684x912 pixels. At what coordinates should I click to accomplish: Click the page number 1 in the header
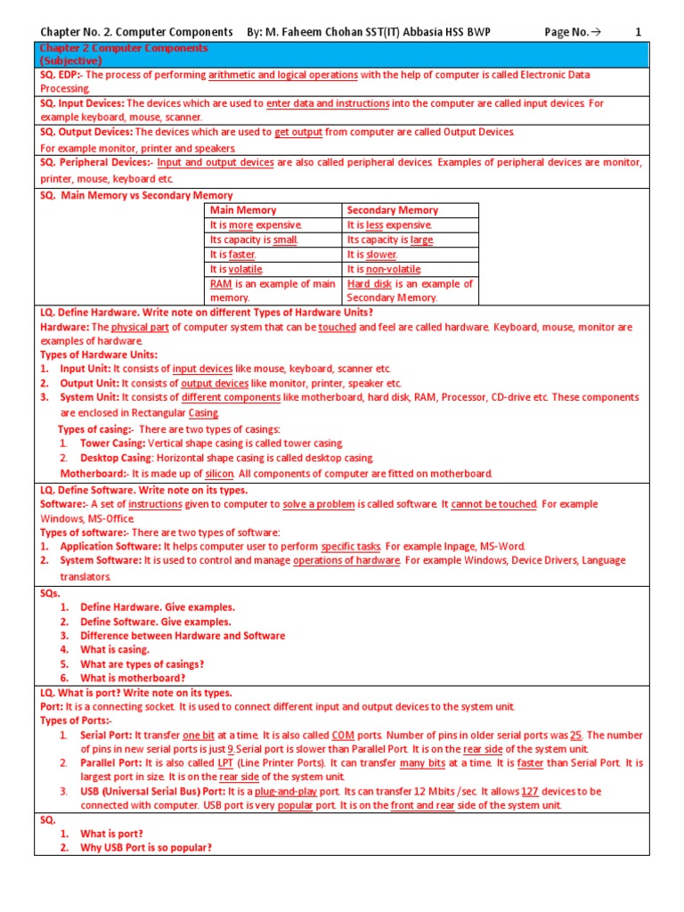pos(638,32)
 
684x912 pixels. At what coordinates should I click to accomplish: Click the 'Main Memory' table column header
pos(243,210)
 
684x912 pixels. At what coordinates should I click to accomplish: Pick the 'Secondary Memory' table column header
pos(392,210)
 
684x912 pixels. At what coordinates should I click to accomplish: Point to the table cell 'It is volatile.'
pos(236,269)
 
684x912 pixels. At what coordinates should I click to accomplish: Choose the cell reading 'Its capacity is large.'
pos(390,240)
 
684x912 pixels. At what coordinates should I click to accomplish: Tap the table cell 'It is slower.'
pos(371,255)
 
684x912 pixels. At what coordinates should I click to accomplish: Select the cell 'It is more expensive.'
pos(256,225)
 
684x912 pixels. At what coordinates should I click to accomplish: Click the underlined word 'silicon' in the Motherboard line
pos(219,473)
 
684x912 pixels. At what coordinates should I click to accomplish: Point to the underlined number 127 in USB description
pos(530,791)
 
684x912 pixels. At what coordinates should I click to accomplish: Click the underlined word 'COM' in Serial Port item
pos(343,735)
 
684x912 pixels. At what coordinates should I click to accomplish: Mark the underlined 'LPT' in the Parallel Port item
pos(227,763)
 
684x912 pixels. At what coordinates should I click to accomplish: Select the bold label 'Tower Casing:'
pos(112,444)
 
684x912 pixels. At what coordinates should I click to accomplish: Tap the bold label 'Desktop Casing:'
pos(117,458)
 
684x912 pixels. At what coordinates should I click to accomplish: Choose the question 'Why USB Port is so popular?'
pos(146,848)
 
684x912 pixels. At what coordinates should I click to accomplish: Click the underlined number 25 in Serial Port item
pos(576,735)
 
